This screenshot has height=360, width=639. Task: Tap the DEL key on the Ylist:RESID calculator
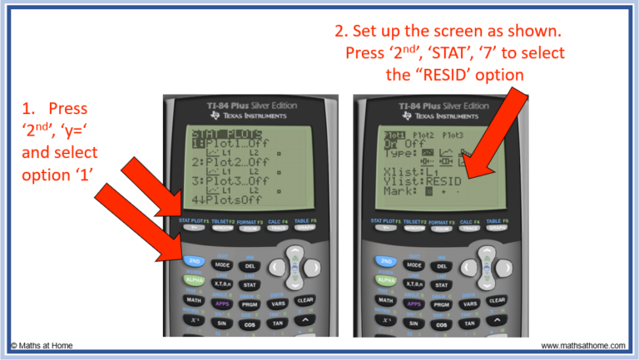(x=440, y=266)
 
